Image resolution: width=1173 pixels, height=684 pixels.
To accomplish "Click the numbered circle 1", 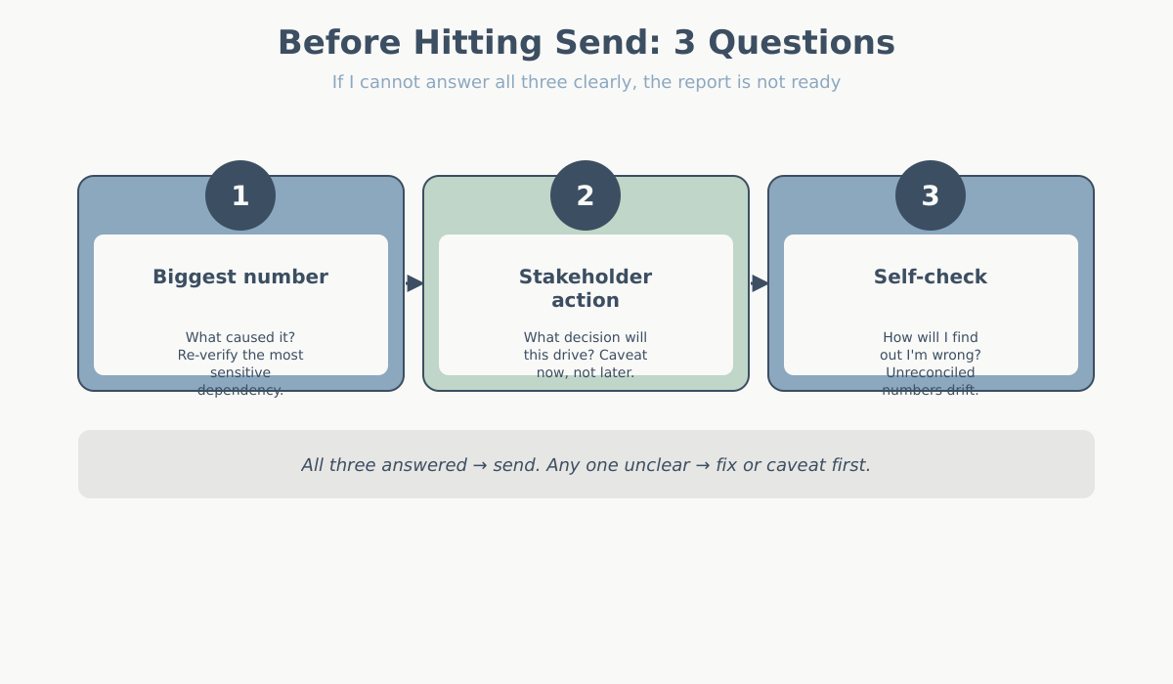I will coord(240,195).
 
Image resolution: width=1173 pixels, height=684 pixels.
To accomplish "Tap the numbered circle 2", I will coord(586,195).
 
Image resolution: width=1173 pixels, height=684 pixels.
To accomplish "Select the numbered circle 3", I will coord(931,195).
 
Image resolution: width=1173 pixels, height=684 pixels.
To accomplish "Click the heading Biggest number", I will coord(240,277).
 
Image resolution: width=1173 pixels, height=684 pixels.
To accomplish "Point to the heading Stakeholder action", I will coord(586,288).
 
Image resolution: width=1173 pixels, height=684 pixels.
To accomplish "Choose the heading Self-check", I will coord(931,277).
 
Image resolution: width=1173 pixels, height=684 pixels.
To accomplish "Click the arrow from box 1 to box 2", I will coord(414,283).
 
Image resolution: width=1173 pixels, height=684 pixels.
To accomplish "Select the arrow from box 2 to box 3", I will coord(760,283).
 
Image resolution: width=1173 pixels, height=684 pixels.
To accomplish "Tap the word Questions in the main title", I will coord(802,42).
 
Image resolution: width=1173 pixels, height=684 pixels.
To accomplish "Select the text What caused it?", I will coord(240,337).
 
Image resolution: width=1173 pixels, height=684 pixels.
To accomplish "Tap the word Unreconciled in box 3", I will coord(931,372).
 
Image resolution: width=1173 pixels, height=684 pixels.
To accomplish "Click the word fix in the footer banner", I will coord(726,465).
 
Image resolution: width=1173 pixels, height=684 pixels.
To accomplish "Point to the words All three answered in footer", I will coord(383,465).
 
